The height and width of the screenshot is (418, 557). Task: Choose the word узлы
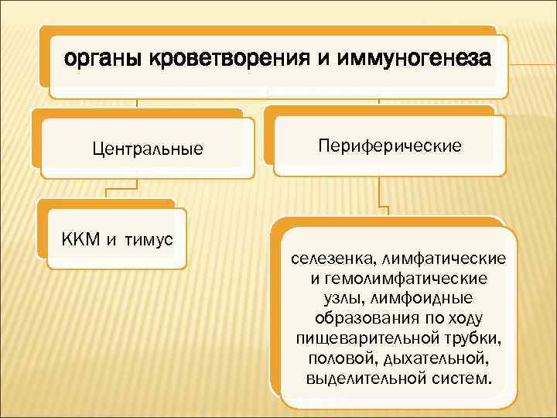click(x=334, y=298)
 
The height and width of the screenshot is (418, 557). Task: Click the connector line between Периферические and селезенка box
click(x=380, y=193)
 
